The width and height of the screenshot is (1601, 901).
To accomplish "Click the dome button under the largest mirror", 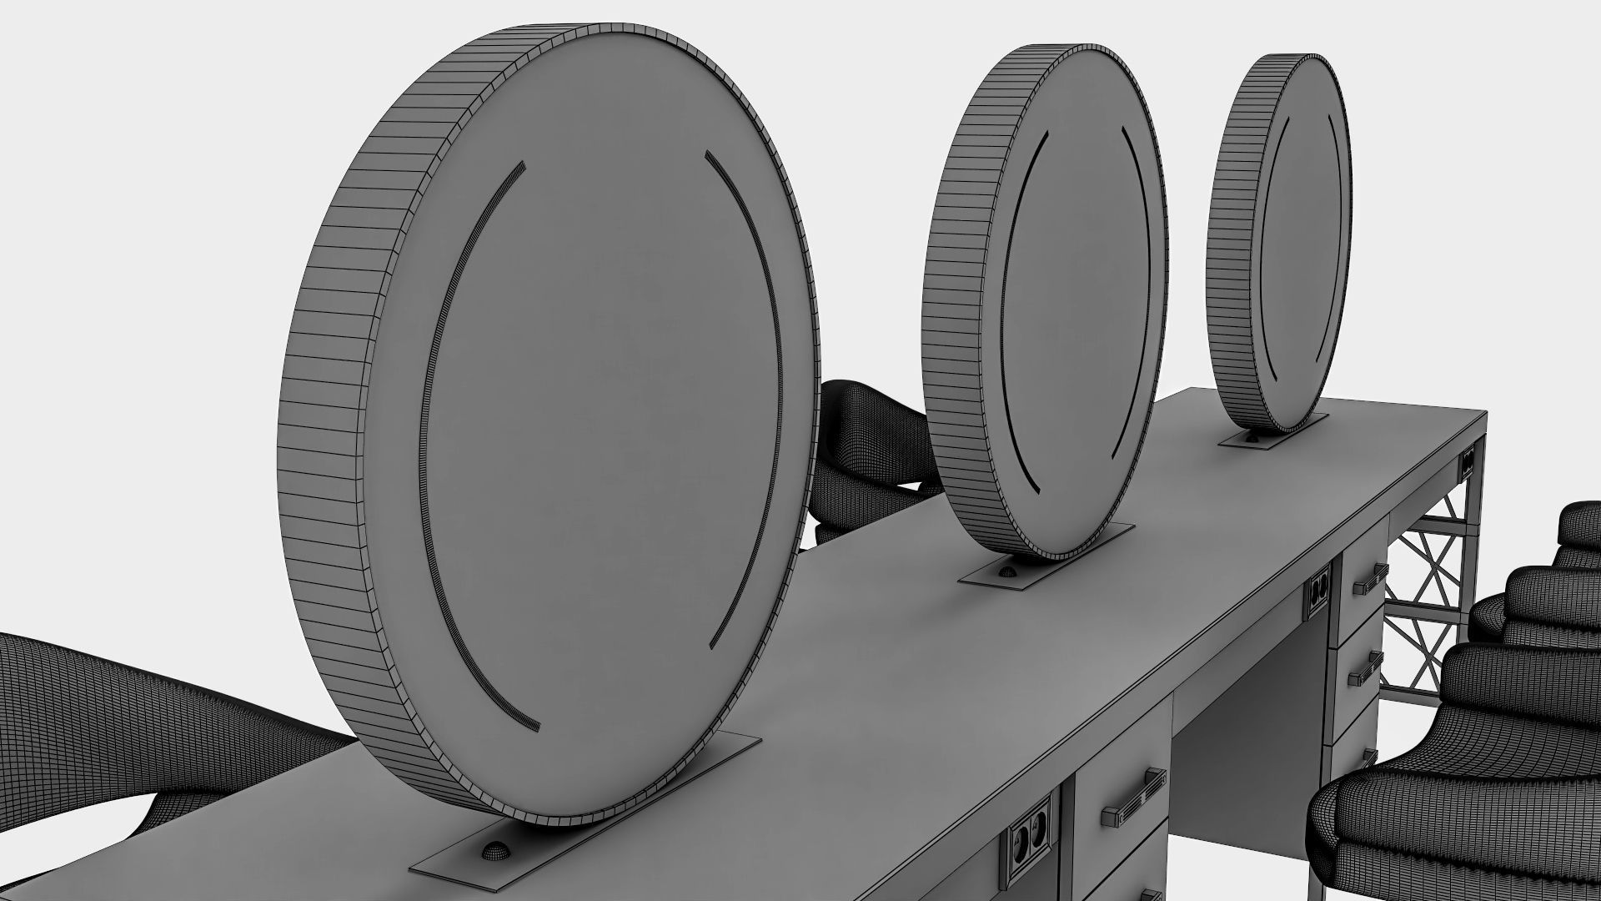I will coord(497,849).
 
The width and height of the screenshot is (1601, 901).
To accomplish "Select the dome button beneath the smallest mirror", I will coord(1252,437).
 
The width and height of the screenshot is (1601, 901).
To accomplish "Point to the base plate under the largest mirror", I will coord(584,834).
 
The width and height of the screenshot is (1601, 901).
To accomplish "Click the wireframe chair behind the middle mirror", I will coord(867,450).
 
